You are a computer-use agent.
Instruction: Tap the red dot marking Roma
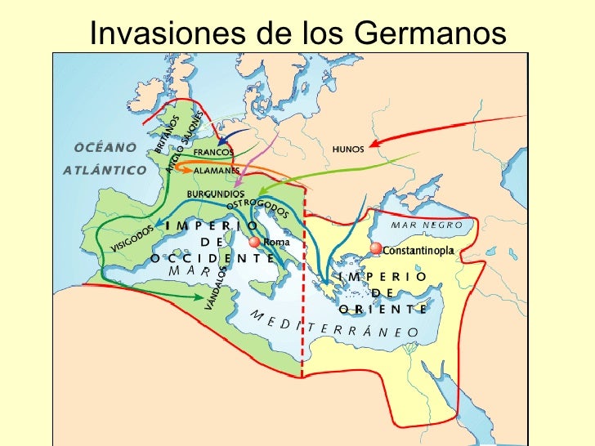click(254, 243)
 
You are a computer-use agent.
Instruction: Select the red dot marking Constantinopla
click(375, 248)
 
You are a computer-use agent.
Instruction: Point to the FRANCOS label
click(213, 152)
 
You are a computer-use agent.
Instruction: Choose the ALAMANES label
click(210, 172)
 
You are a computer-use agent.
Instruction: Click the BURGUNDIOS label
click(217, 194)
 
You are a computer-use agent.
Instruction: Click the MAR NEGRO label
click(426, 225)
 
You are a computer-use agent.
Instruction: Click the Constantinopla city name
click(418, 251)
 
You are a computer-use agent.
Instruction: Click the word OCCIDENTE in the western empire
click(212, 257)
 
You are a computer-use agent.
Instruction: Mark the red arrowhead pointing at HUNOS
click(372, 145)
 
